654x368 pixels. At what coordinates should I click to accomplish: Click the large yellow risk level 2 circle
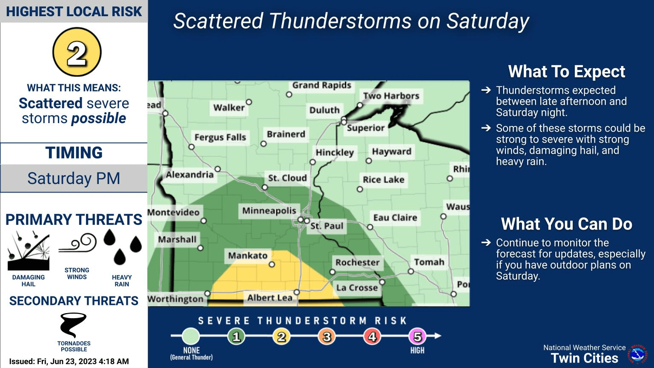[x=77, y=52]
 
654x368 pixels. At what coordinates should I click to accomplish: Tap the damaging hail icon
[x=29, y=251]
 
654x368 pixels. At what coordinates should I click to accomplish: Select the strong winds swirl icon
[x=77, y=243]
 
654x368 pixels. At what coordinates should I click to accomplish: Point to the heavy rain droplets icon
[x=122, y=247]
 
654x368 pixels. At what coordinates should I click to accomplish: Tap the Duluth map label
[x=324, y=110]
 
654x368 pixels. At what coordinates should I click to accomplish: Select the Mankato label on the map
[x=248, y=256]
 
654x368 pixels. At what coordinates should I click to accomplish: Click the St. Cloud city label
[x=287, y=178]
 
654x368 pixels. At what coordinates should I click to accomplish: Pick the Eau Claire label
[x=395, y=218]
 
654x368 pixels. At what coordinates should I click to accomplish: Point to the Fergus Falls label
[x=220, y=137]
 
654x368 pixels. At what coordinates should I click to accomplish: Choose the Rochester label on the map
[x=357, y=262]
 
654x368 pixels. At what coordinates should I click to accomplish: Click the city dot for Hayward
[x=369, y=161]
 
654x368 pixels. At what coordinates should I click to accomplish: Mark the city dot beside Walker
[x=249, y=102]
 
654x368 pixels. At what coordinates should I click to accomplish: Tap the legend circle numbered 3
[x=327, y=336]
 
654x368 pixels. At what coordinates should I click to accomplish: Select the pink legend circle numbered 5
[x=417, y=336]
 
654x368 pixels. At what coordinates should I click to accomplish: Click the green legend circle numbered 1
[x=236, y=336]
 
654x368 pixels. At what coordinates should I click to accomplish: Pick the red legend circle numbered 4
[x=372, y=336]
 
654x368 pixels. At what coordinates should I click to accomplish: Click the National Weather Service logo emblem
[x=637, y=354]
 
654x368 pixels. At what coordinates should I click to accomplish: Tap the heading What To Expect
[x=566, y=72]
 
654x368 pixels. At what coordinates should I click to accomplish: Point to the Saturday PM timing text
[x=74, y=178]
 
